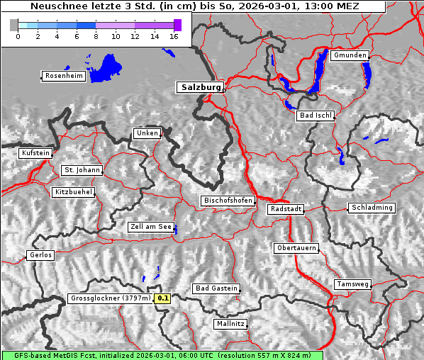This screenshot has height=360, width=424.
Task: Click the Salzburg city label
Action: pyautogui.click(x=200, y=87)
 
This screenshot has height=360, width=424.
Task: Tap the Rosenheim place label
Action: pyautogui.click(x=63, y=76)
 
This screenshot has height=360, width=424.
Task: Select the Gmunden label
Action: pyautogui.click(x=350, y=55)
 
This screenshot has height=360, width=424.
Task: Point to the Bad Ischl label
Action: pyautogui.click(x=315, y=116)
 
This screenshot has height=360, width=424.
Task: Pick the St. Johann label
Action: pyautogui.click(x=82, y=170)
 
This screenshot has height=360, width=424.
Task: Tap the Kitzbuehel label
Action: pyautogui.click(x=73, y=192)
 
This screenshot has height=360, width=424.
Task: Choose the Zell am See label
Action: pyautogui.click(x=151, y=227)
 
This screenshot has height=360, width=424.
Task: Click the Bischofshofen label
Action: pyautogui.click(x=228, y=201)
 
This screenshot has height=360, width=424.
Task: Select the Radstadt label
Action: pyautogui.click(x=286, y=210)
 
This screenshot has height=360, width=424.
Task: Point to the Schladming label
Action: pyautogui.click(x=371, y=208)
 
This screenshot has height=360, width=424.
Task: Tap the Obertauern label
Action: pyautogui.click(x=296, y=248)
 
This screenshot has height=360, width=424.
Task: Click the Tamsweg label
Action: pyautogui.click(x=352, y=284)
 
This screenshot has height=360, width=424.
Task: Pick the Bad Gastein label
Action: pyautogui.click(x=216, y=288)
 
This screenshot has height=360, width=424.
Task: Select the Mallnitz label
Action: pyautogui.click(x=230, y=324)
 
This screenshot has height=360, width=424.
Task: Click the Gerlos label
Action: pyautogui.click(x=40, y=255)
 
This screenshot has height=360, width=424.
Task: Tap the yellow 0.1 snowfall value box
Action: pyautogui.click(x=163, y=298)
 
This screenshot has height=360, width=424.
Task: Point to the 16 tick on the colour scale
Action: pyautogui.click(x=174, y=37)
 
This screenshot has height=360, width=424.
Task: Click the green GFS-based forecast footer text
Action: pyautogui.click(x=162, y=355)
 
